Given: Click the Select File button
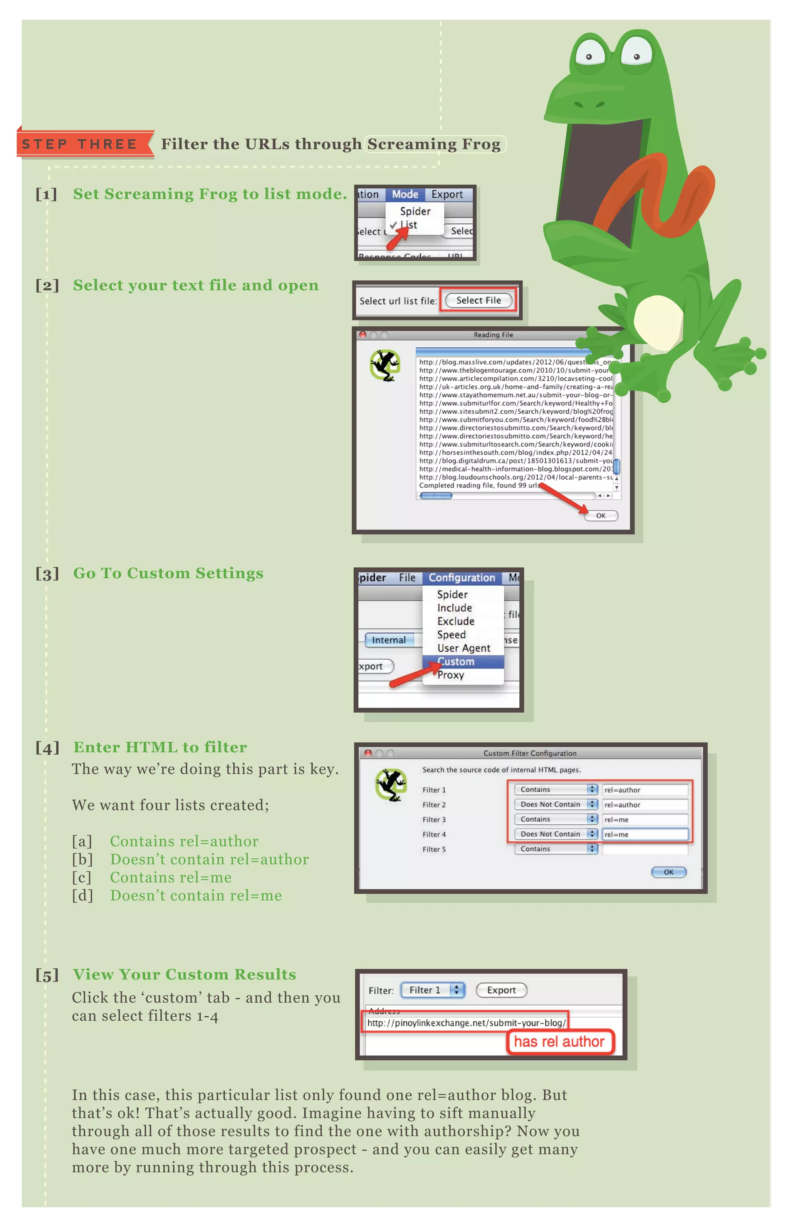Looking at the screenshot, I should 478,300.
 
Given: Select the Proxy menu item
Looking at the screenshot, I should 450,675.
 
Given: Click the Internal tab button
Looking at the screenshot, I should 388,640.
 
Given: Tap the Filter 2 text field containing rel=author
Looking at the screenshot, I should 644,805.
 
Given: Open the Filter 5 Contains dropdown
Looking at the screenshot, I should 556,849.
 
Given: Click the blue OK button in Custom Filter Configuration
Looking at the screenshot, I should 668,872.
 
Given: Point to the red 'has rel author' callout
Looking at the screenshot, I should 559,1041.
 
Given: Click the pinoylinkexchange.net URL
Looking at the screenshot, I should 466,1023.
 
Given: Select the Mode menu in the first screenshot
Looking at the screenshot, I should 405,194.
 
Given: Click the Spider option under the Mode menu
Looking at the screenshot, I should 415,211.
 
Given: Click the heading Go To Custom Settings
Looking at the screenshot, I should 168,573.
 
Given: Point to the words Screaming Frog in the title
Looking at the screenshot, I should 434,144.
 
